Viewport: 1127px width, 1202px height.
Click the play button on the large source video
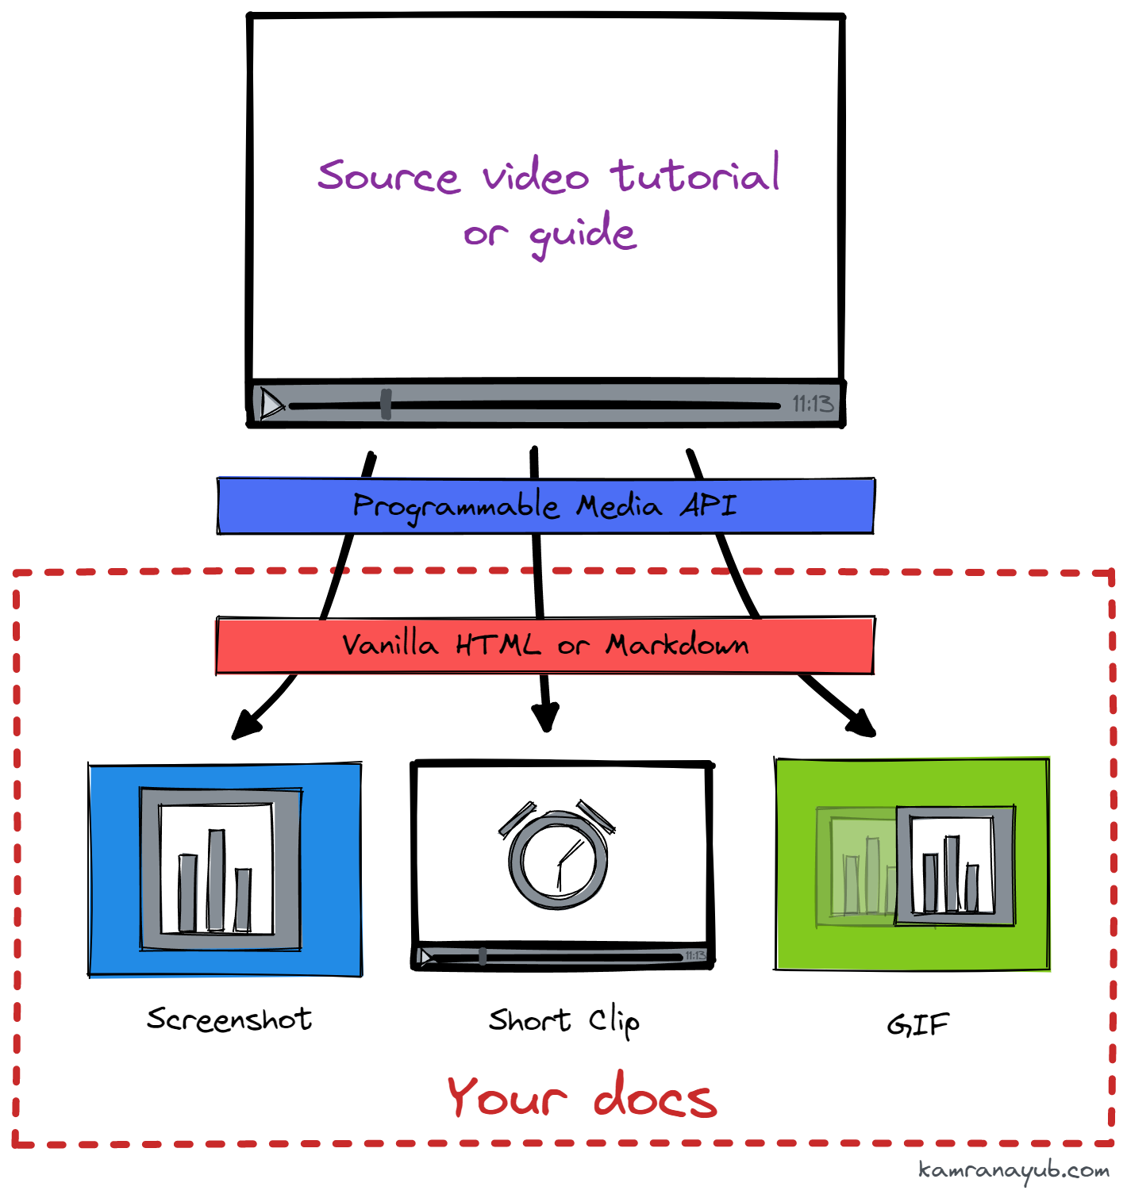point(271,404)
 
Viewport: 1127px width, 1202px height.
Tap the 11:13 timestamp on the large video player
point(813,405)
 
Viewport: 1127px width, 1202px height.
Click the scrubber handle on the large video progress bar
point(386,404)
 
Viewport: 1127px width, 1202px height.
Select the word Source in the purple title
point(388,176)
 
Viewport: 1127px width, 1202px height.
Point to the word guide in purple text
point(583,234)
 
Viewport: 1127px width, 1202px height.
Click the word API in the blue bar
point(708,505)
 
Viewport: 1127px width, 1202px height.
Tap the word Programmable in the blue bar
point(456,506)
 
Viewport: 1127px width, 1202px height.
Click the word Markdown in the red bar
point(677,645)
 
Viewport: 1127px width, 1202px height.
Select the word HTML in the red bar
point(498,645)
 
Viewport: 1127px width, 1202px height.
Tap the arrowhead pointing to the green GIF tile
point(862,724)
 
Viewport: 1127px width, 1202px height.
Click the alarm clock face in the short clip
point(559,861)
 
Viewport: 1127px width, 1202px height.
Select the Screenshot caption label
point(229,1020)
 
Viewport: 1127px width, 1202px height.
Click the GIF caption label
point(917,1025)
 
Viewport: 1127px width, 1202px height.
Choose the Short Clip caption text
point(563,1021)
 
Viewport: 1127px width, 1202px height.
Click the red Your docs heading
point(582,1097)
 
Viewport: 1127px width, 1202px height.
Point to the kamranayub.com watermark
point(1014,1171)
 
